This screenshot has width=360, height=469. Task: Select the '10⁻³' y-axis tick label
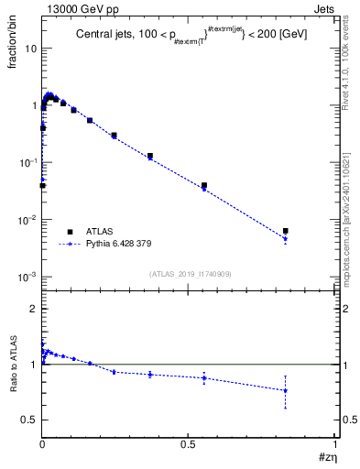pyautogui.click(x=27, y=276)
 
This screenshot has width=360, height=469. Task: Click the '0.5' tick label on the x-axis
pyautogui.click(x=188, y=442)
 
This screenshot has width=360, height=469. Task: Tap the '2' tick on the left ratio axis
pyautogui.click(x=34, y=309)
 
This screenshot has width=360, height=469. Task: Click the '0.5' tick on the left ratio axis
pyautogui.click(x=30, y=420)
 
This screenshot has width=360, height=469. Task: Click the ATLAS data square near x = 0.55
pyautogui.click(x=203, y=185)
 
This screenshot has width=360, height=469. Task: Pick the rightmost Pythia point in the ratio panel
pyautogui.click(x=286, y=390)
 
